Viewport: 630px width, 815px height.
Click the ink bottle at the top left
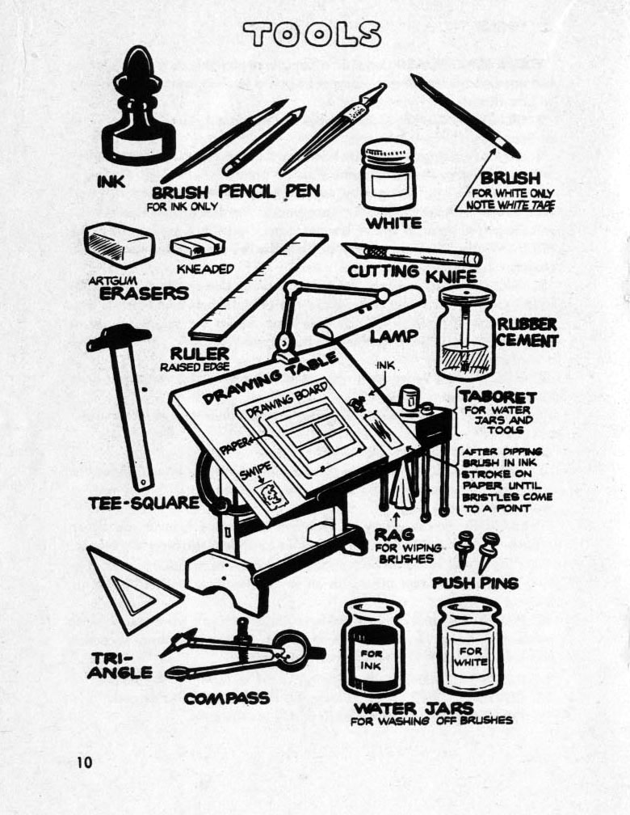point(138,113)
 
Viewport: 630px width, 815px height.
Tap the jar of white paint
point(388,175)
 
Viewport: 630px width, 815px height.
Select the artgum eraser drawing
point(118,246)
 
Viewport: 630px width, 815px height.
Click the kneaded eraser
point(197,246)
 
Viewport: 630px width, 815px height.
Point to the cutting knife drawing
point(412,255)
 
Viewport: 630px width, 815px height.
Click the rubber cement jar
point(466,333)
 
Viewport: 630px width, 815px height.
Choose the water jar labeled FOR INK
point(372,647)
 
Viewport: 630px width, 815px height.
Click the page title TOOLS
point(313,33)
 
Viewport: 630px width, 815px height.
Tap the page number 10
point(86,762)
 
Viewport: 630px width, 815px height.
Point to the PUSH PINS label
point(475,582)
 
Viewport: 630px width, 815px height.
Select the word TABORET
point(498,398)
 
